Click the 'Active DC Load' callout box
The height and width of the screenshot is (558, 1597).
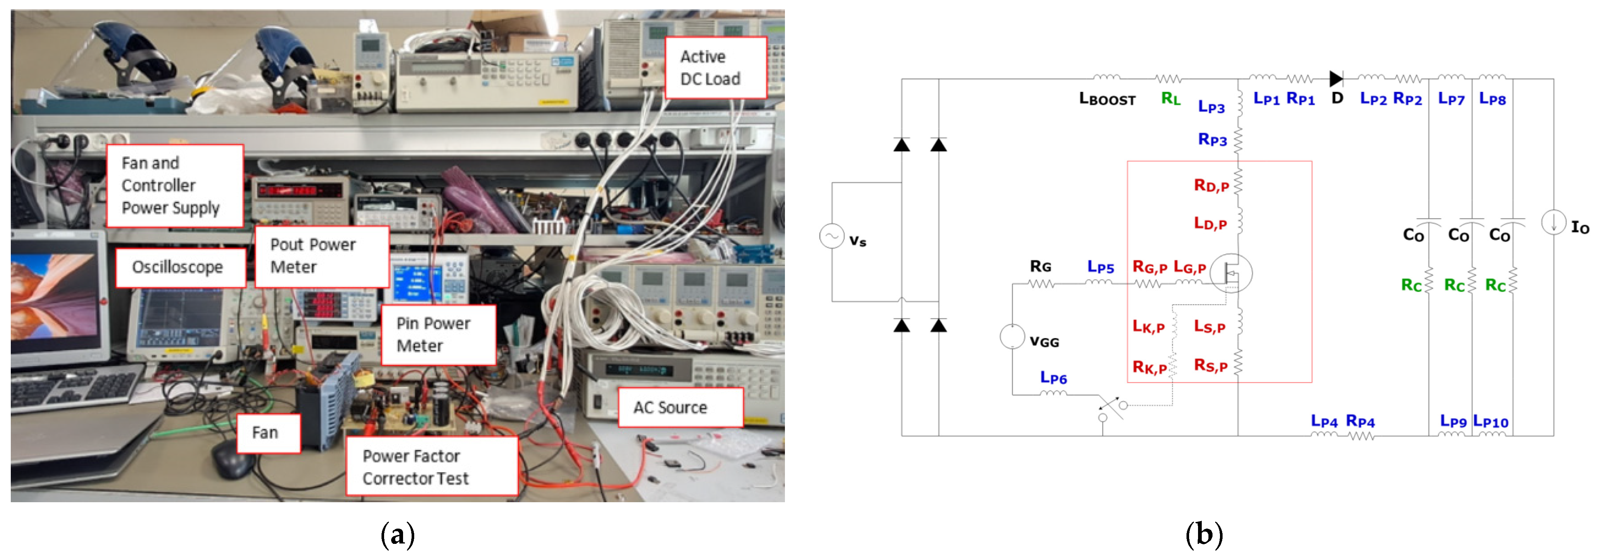pos(715,68)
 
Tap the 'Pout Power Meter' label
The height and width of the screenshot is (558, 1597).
pos(322,256)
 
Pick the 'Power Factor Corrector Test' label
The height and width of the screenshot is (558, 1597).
pos(431,467)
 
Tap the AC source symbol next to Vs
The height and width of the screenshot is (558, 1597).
pos(831,236)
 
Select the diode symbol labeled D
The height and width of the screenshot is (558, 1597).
pos(1336,79)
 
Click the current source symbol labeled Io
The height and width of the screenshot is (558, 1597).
pos(1553,222)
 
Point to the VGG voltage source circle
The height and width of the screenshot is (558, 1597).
pos(1012,337)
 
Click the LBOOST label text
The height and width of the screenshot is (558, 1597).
pos(1107,99)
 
